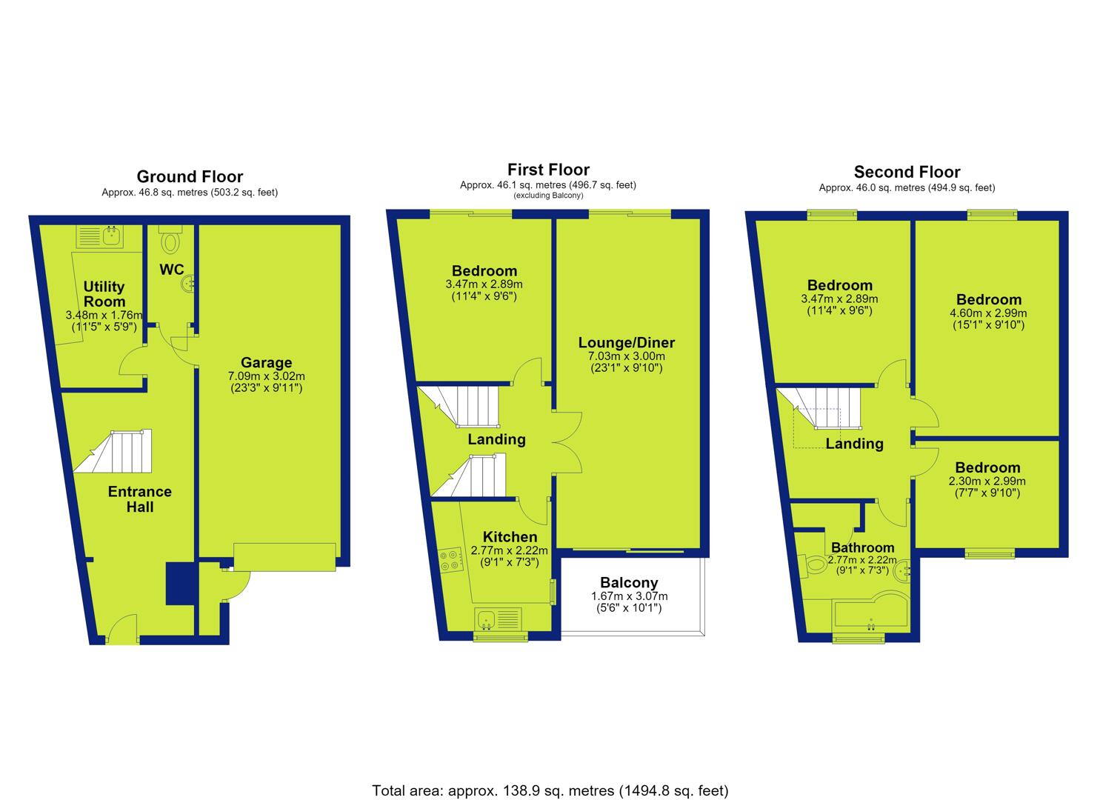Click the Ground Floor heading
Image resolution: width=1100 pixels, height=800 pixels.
pyautogui.click(x=190, y=176)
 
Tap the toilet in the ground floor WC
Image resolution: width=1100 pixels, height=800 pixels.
pyautogui.click(x=170, y=240)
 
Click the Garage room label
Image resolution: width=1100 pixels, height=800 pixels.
pyautogui.click(x=266, y=362)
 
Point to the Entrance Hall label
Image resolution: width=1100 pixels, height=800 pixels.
pyautogui.click(x=140, y=499)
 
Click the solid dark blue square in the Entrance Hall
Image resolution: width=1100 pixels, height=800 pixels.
pyautogui.click(x=181, y=584)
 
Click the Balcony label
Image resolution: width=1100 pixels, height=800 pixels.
pyautogui.click(x=629, y=582)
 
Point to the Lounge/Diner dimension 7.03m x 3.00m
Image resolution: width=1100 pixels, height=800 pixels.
pyautogui.click(x=626, y=356)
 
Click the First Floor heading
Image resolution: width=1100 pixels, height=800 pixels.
pyautogui.click(x=548, y=170)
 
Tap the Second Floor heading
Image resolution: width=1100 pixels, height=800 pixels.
pyautogui.click(x=907, y=172)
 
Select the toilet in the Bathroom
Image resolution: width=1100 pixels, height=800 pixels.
pyautogui.click(x=813, y=564)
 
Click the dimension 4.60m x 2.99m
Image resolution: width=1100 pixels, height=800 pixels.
pyautogui.click(x=988, y=313)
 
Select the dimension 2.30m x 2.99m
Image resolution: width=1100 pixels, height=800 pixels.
pyautogui.click(x=987, y=481)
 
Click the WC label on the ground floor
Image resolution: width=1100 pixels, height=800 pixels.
pyautogui.click(x=171, y=269)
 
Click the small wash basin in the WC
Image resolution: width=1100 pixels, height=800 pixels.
pyautogui.click(x=189, y=284)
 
